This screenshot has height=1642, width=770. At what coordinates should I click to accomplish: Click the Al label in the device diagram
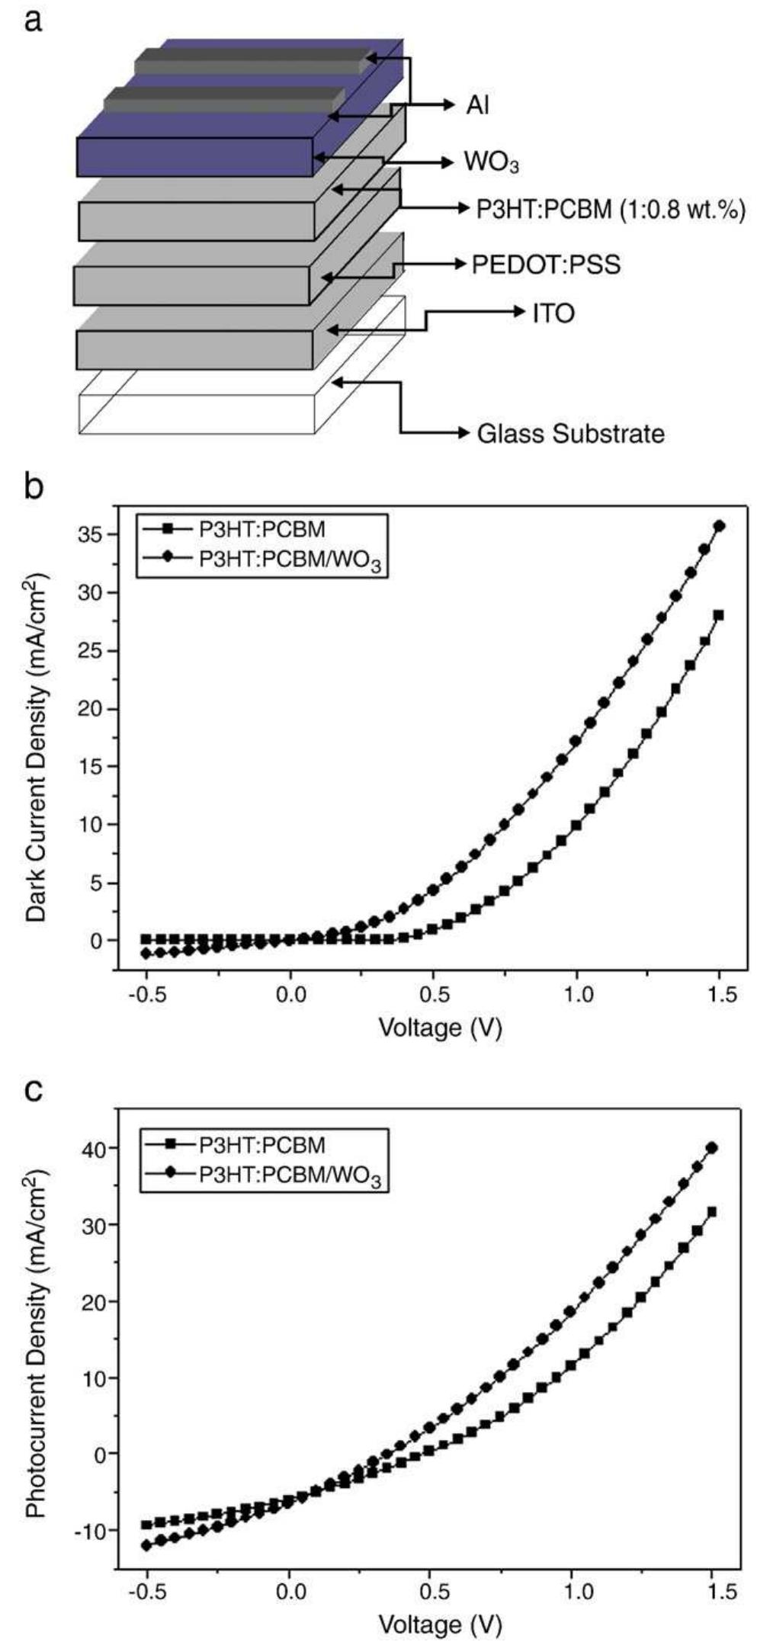pos(477,105)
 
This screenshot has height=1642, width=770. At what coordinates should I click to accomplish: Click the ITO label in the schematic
pos(554,313)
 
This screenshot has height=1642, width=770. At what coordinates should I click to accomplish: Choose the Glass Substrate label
pos(570,434)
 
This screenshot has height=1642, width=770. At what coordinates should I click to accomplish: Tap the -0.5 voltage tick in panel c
pos(146,1592)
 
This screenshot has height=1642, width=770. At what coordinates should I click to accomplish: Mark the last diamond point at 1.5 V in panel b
pos(719,526)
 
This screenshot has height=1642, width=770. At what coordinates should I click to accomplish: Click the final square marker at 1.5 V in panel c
pos(712,1212)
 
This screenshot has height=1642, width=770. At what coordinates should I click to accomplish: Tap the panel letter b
pos(34,486)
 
